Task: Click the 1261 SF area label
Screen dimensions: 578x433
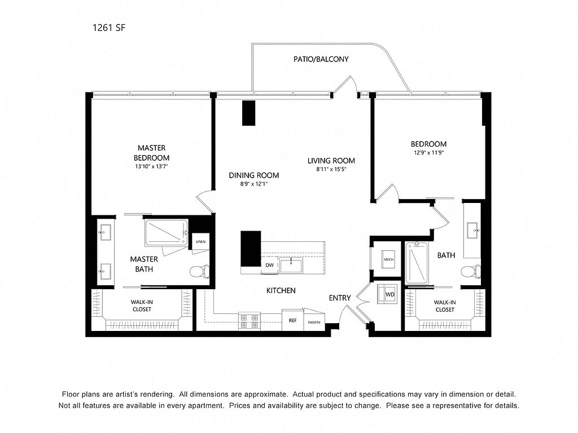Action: (109, 28)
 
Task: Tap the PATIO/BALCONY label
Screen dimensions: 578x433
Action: (321, 59)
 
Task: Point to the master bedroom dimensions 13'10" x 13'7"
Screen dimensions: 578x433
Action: (151, 166)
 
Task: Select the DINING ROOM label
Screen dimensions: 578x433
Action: (253, 175)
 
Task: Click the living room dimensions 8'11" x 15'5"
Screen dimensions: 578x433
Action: (331, 169)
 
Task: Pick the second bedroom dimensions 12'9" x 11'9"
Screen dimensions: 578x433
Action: (428, 152)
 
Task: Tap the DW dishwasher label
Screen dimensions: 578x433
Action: (269, 265)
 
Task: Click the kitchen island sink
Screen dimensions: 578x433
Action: (291, 266)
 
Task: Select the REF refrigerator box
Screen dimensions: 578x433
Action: (293, 320)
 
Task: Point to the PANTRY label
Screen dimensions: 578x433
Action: (314, 322)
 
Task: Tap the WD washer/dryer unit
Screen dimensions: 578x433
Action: (387, 294)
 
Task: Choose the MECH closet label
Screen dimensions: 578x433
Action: (388, 259)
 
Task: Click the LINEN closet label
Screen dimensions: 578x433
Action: (200, 242)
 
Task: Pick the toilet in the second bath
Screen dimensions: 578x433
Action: (471, 272)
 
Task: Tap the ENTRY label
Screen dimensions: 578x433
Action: (340, 298)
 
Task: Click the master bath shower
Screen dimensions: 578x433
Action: (167, 233)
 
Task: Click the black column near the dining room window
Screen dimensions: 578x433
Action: (248, 113)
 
